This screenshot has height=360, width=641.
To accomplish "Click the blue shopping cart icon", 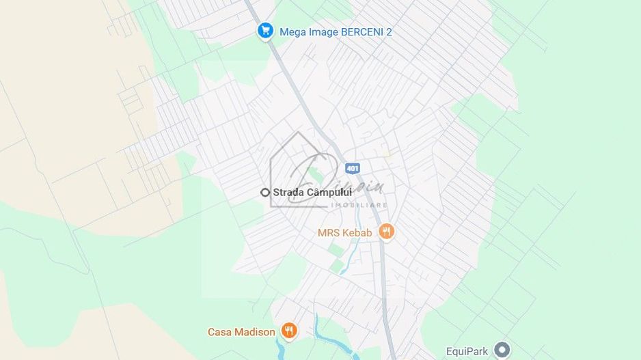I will (x=265, y=31).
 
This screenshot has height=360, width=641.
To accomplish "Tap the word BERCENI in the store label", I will (x=362, y=32).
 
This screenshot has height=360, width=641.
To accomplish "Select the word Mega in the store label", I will (x=293, y=32).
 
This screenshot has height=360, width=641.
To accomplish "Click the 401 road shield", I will (x=352, y=168).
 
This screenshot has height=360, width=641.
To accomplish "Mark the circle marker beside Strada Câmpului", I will (x=265, y=193).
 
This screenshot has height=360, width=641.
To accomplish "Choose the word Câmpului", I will (x=329, y=193).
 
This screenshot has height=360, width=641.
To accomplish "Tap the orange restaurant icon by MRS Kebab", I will (x=386, y=232).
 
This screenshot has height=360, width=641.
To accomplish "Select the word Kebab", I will (x=358, y=233).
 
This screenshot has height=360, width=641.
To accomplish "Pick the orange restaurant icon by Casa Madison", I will (x=289, y=331).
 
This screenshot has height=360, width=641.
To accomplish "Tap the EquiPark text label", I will (x=467, y=351).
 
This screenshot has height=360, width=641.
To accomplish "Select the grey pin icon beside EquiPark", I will (x=502, y=350).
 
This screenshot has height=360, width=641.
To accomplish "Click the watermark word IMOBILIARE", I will (x=359, y=205).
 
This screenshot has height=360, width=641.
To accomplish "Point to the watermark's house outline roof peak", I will (x=298, y=133).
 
